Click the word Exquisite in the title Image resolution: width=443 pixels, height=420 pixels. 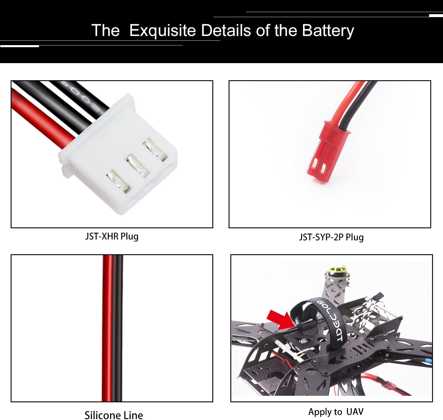162,30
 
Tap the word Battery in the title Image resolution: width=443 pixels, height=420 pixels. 328,31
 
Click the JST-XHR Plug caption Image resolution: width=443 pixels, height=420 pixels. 112,236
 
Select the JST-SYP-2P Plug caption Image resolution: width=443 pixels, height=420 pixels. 331,237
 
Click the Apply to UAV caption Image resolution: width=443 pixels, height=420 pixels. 336,412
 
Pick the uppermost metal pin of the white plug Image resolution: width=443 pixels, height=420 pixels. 155,150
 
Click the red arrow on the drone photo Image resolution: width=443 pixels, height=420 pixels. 278,320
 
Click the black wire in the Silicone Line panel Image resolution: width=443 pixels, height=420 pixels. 118,327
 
